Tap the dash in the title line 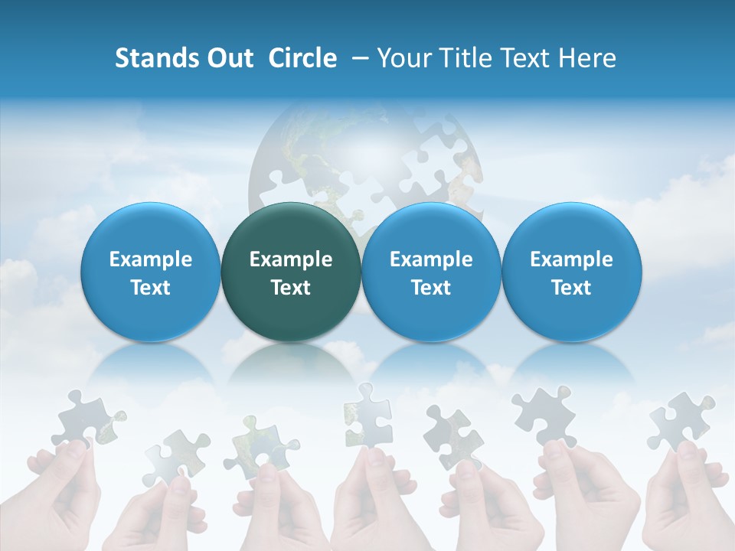(358, 59)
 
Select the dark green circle (291, 272)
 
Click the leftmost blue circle (150, 272)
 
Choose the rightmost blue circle (571, 272)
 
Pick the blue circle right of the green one (431, 272)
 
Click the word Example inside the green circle (291, 259)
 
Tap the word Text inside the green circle (291, 288)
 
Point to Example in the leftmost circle (150, 259)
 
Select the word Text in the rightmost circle (571, 288)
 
